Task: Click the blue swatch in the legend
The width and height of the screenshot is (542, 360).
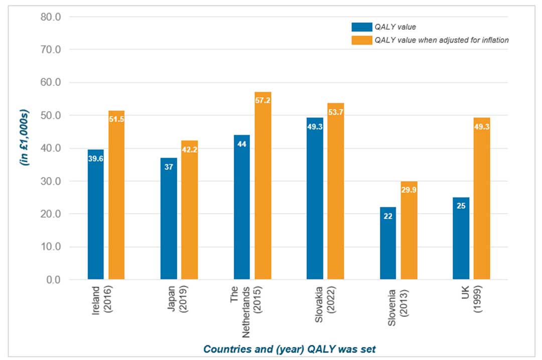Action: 361,27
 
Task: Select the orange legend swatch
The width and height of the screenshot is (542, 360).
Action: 361,41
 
